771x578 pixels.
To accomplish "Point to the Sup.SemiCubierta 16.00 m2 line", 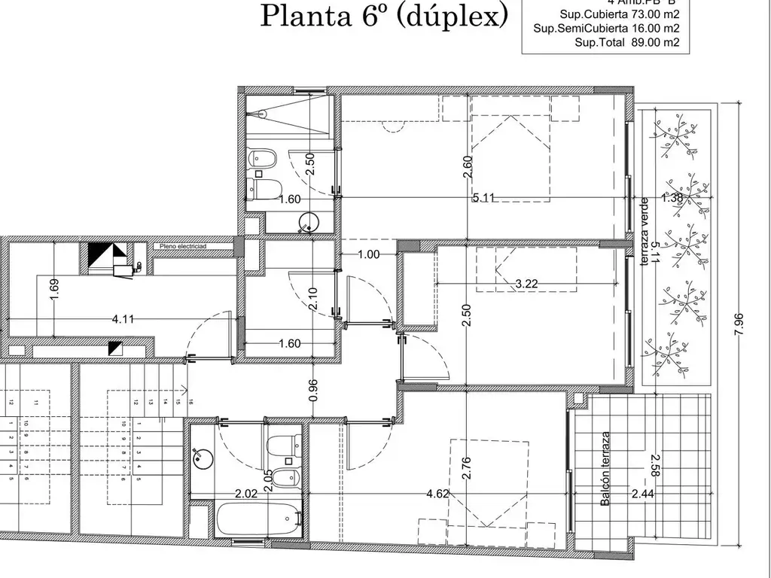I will click(x=607, y=29).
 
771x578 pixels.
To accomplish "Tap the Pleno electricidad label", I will click(x=182, y=246).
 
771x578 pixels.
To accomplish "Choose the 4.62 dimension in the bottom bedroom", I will click(x=439, y=494).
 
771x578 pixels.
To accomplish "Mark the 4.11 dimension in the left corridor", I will click(x=123, y=319).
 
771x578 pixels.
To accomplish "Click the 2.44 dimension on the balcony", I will click(x=644, y=494).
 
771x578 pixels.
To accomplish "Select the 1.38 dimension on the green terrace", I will click(x=672, y=199).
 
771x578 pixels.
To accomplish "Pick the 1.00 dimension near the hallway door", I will click(x=368, y=254).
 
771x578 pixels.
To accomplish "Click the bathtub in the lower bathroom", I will click(x=256, y=519).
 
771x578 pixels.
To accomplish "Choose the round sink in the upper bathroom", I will click(x=309, y=221).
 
